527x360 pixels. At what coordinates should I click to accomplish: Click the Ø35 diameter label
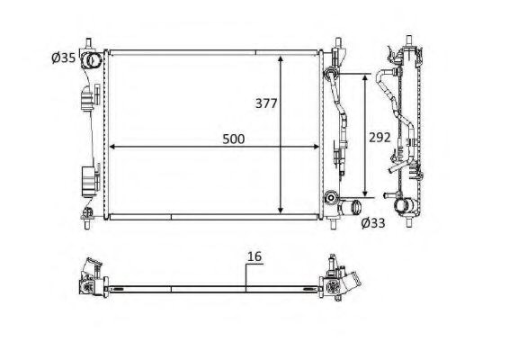(x=64, y=58)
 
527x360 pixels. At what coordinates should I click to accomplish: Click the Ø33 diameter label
(x=373, y=222)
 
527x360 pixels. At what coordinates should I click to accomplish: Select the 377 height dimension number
(x=266, y=103)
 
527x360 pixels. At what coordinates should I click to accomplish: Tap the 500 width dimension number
(x=234, y=139)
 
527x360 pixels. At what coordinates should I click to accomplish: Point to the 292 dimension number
(x=380, y=138)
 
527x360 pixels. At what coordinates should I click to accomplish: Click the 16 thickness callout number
(x=255, y=256)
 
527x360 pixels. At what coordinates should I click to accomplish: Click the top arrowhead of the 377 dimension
(x=281, y=59)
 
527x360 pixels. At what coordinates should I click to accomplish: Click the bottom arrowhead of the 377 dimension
(x=281, y=210)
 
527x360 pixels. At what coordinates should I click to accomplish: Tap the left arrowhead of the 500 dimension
(x=113, y=147)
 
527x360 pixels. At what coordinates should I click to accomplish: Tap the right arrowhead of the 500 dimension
(x=315, y=147)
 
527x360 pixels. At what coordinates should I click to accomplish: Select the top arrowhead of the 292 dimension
(x=365, y=78)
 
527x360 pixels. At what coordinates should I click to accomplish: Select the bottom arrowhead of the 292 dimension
(x=365, y=193)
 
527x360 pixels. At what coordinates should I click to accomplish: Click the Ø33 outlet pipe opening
(x=355, y=205)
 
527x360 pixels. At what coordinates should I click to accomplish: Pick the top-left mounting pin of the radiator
(x=89, y=44)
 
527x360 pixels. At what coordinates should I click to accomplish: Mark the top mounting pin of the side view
(x=409, y=40)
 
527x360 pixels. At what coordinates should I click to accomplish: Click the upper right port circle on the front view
(x=330, y=72)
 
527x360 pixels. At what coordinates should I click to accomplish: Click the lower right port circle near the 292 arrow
(x=331, y=197)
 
